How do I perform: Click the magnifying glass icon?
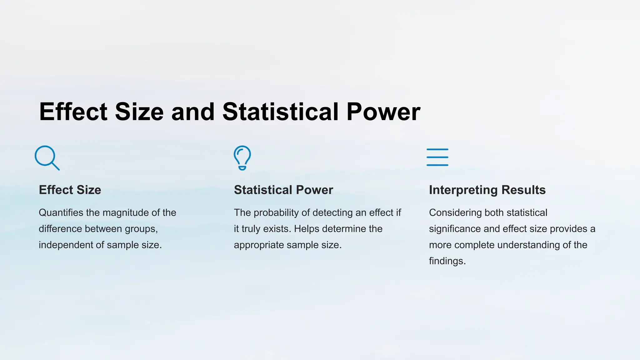pyautogui.click(x=47, y=157)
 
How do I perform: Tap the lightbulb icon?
pyautogui.click(x=242, y=157)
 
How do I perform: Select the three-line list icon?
pyautogui.click(x=437, y=157)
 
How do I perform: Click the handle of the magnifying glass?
pyautogui.click(x=55, y=166)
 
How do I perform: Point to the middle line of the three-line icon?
pyautogui.click(x=437, y=157)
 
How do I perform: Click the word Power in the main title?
pyautogui.click(x=383, y=112)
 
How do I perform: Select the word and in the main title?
pyautogui.click(x=193, y=112)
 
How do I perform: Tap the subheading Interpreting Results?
pyautogui.click(x=487, y=190)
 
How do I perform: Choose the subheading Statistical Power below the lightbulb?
pyautogui.click(x=283, y=190)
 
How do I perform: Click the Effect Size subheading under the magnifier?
pyautogui.click(x=70, y=190)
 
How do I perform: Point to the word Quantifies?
pyautogui.click(x=61, y=213)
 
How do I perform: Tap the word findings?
pyautogui.click(x=447, y=261)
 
